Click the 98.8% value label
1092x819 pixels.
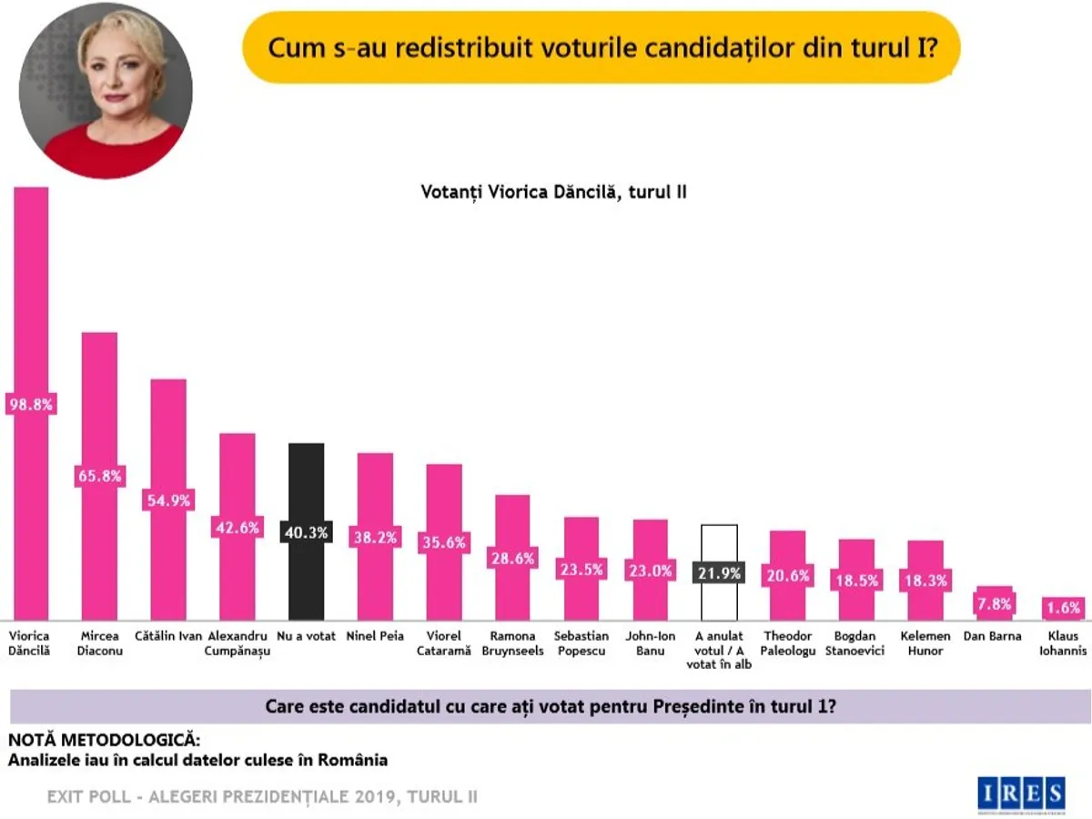pyautogui.click(x=30, y=403)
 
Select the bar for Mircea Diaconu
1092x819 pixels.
pyautogui.click(x=99, y=409)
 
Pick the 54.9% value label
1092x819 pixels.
pyautogui.click(x=167, y=500)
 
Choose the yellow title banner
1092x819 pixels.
pyautogui.click(x=601, y=47)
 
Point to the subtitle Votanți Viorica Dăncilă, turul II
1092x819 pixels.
pyautogui.click(x=553, y=193)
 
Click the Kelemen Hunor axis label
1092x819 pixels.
pyautogui.click(x=925, y=643)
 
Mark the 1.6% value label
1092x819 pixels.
pyautogui.click(x=1063, y=607)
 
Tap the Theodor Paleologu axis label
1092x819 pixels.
pyautogui.click(x=788, y=643)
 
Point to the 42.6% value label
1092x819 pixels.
pyautogui.click(x=237, y=527)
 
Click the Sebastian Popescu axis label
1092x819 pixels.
pyautogui.click(x=581, y=643)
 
